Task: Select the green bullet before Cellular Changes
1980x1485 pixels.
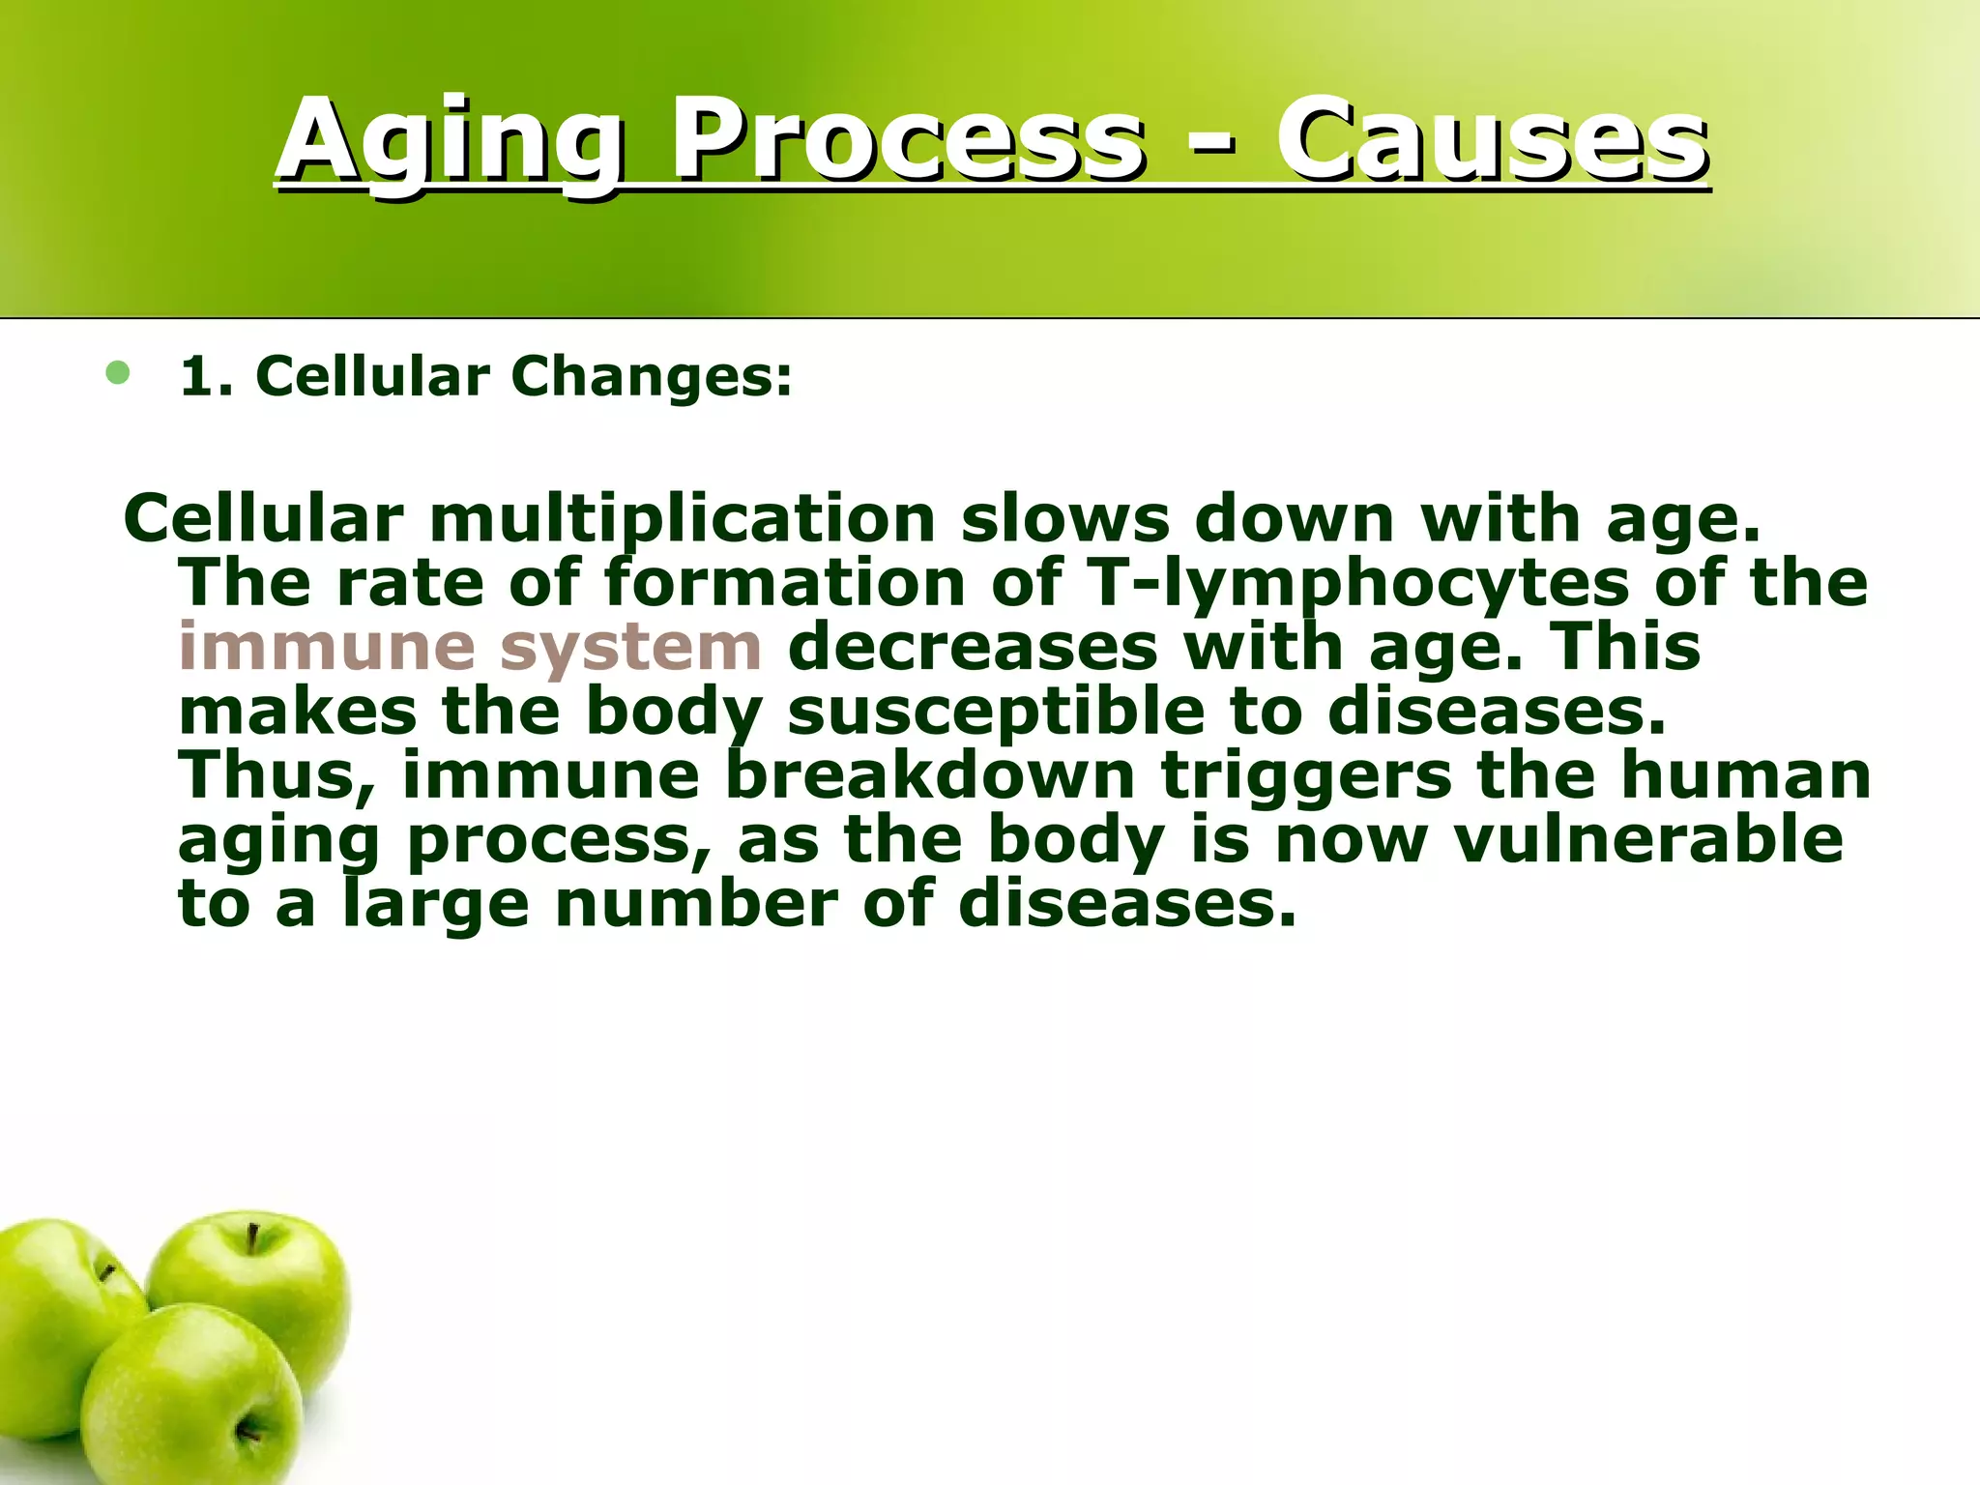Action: tap(118, 373)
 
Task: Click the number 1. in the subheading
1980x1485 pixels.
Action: tap(207, 376)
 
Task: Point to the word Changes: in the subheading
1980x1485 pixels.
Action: tap(652, 376)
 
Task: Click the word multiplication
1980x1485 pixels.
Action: tap(683, 519)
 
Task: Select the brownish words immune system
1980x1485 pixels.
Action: tap(471, 647)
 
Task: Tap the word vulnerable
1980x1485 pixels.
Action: tap(1648, 839)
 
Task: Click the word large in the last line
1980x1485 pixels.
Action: tap(436, 904)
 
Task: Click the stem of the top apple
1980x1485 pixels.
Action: tap(252, 1238)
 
